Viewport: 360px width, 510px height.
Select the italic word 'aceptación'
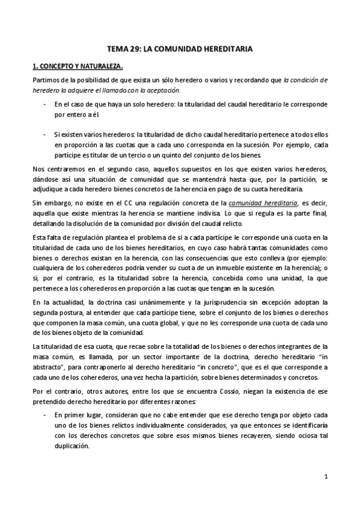pyautogui.click(x=162, y=90)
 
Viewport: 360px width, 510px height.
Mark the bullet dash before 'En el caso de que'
pyautogui.click(x=44, y=104)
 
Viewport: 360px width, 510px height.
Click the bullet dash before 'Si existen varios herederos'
pyautogui.click(x=44, y=134)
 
